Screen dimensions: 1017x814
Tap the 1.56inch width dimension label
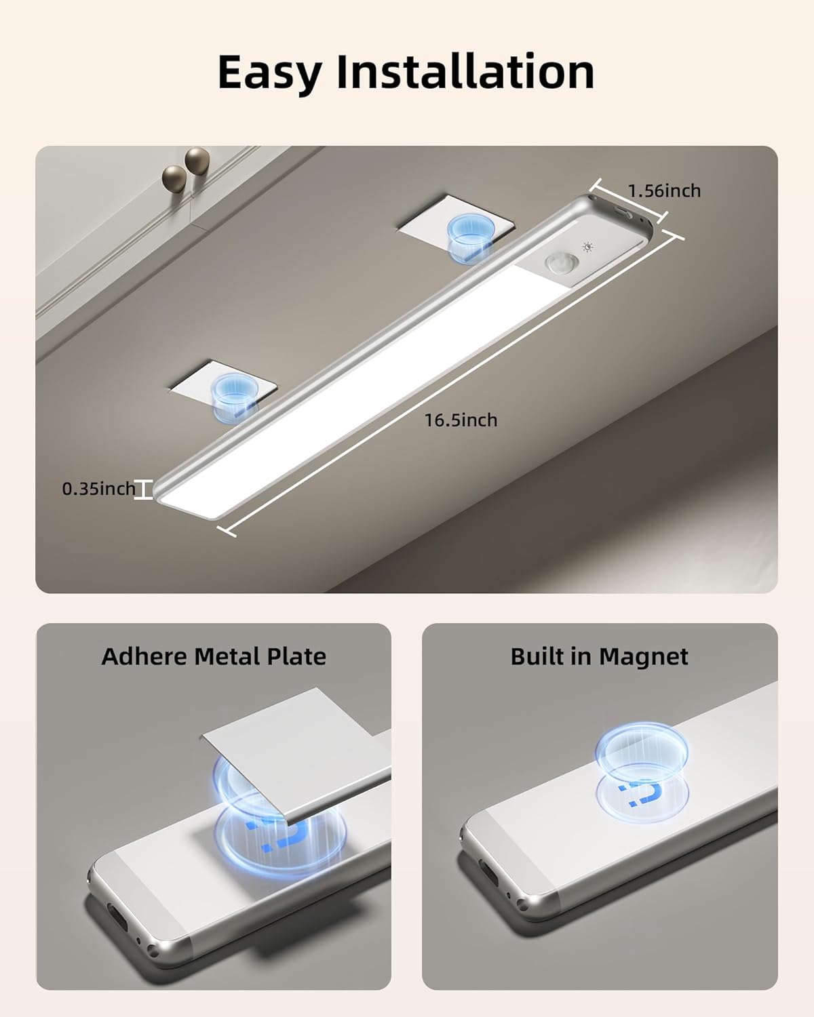[x=664, y=191]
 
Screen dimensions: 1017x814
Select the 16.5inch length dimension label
[x=461, y=420]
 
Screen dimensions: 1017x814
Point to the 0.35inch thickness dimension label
[x=99, y=488]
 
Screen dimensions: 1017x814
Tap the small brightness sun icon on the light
[x=587, y=248]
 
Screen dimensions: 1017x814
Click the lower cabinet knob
[x=174, y=178]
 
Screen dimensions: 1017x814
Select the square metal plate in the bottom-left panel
[x=298, y=746]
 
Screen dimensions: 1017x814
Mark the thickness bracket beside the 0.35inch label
[x=143, y=490]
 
